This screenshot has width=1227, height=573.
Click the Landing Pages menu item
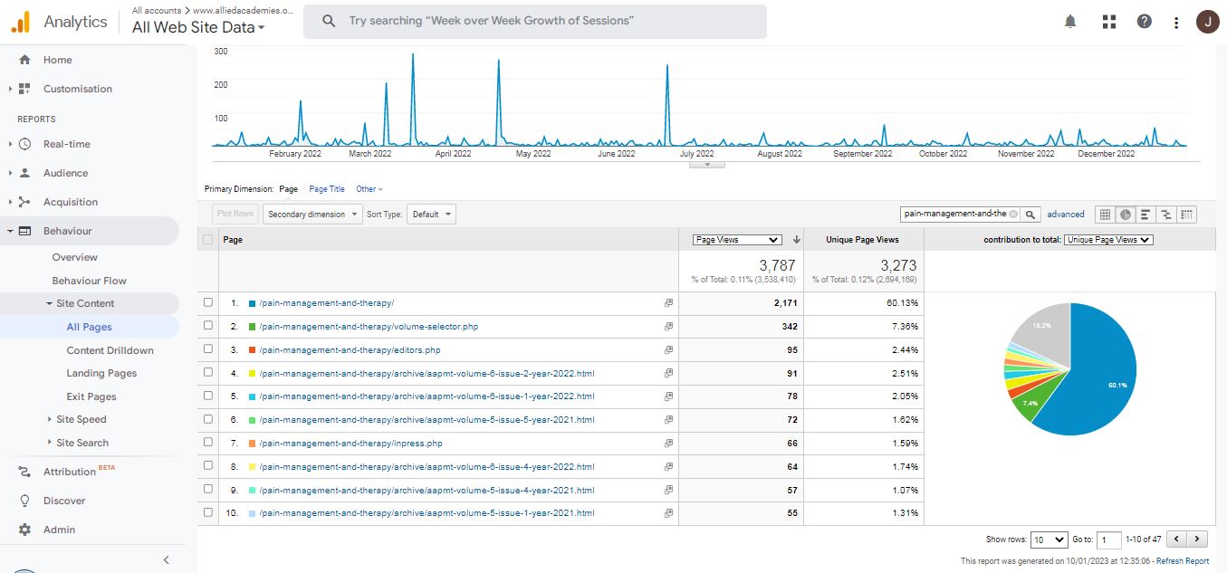click(101, 373)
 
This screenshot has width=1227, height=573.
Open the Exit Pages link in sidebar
click(91, 396)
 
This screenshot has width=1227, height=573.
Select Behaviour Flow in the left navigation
click(89, 281)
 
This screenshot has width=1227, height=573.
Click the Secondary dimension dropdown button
click(312, 215)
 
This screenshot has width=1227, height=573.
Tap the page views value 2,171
click(779, 303)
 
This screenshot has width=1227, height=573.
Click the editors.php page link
click(350, 349)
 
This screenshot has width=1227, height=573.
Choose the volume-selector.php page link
click(369, 326)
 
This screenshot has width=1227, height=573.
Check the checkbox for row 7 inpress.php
click(208, 444)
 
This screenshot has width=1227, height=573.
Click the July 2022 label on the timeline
click(695, 154)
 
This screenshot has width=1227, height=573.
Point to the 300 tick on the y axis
click(220, 52)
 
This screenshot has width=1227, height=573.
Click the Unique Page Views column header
click(862, 240)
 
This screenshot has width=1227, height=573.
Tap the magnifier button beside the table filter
click(1030, 215)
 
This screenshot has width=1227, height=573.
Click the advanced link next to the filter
click(1066, 215)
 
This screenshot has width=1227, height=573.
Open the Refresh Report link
click(1184, 561)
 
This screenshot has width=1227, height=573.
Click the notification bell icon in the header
click(1070, 22)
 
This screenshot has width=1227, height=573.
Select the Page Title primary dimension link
click(327, 189)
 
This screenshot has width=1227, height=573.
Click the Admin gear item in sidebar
click(59, 530)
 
